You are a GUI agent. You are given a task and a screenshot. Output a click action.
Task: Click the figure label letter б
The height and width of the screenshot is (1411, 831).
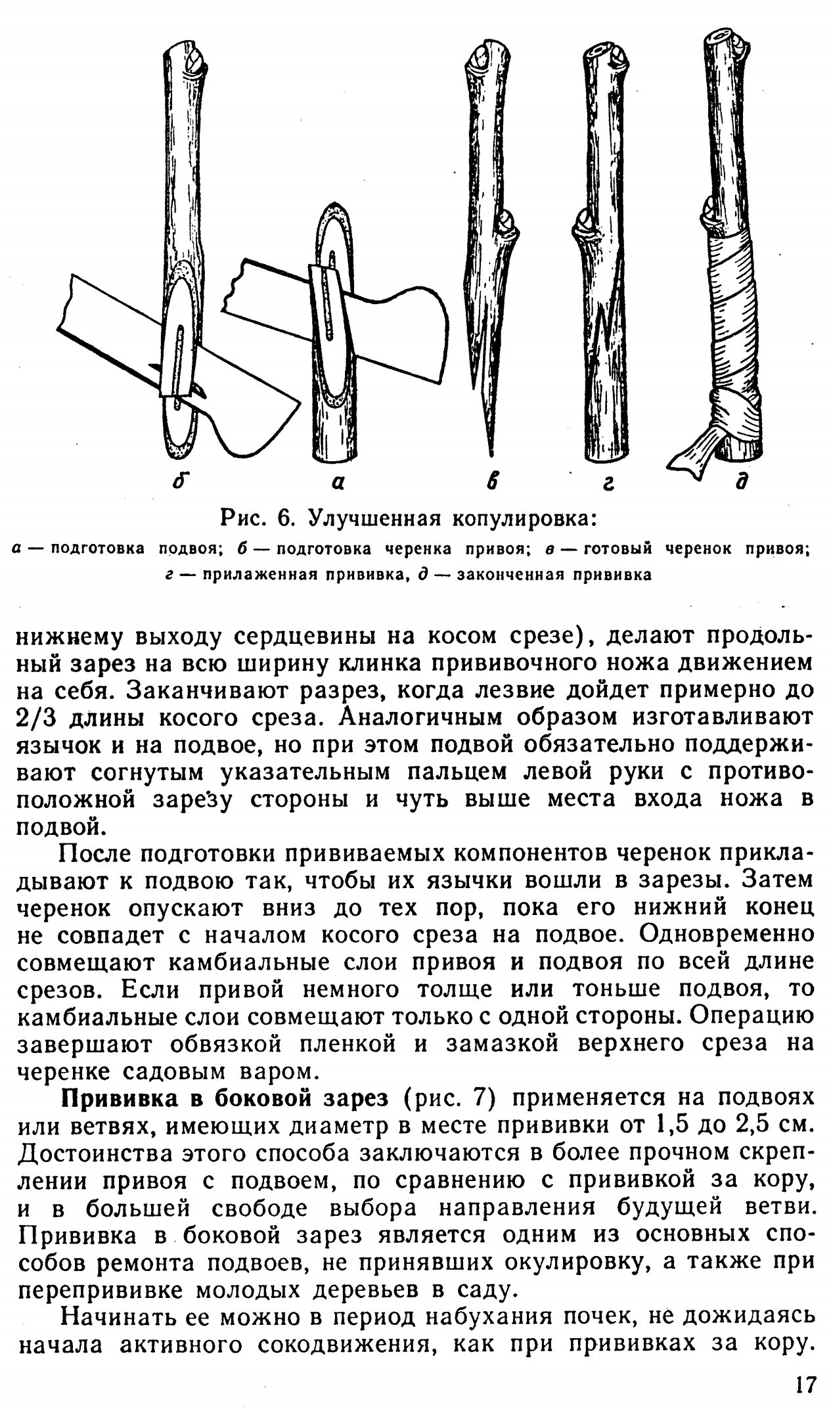click(176, 482)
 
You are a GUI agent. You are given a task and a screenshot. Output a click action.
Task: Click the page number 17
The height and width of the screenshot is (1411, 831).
click(803, 1384)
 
